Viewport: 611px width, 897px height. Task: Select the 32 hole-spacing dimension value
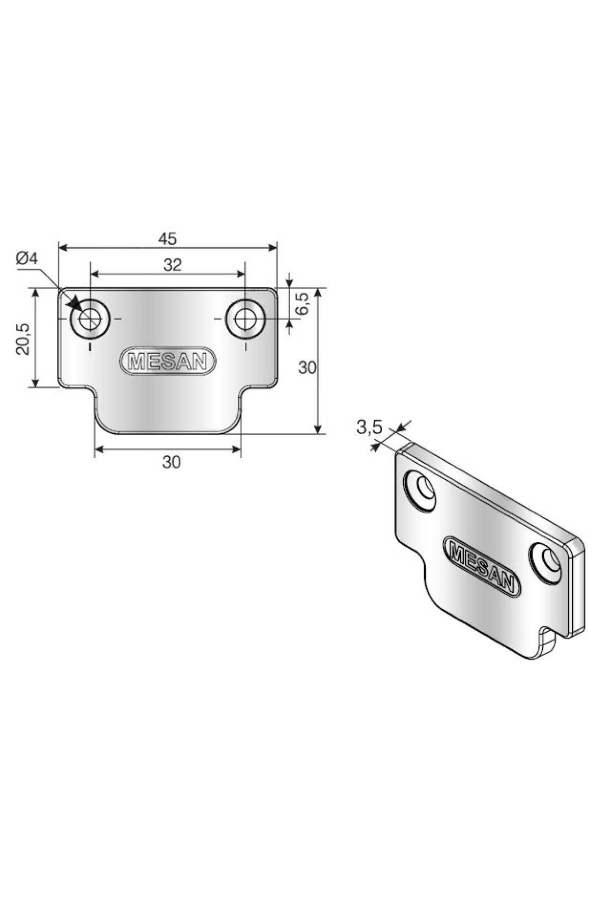click(x=173, y=265)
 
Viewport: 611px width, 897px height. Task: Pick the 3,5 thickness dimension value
click(x=369, y=428)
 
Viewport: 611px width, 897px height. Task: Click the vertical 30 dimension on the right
click(x=308, y=367)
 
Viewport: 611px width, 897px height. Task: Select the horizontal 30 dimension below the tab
click(x=172, y=462)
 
